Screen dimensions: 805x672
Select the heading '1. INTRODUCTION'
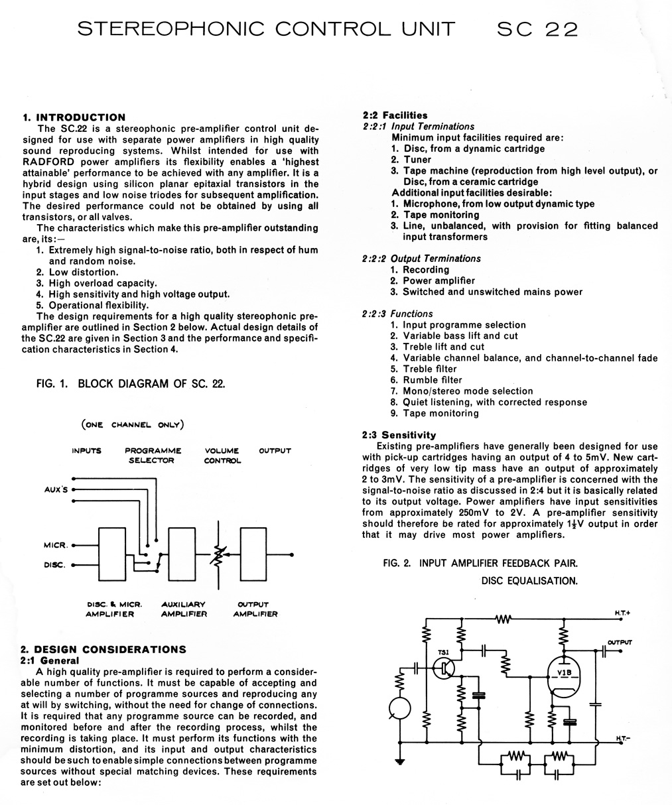tap(74, 117)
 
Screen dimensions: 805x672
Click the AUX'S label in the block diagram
tap(56, 490)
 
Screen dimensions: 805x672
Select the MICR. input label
tap(55, 546)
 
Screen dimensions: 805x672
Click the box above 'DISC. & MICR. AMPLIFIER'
tap(116, 555)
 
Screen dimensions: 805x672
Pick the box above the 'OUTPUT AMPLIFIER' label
tap(257, 555)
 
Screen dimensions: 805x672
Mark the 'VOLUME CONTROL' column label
tap(222, 456)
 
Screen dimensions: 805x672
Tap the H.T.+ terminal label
tap(622, 613)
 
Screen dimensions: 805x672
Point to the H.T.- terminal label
tap(622, 738)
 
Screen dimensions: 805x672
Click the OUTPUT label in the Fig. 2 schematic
tap(619, 642)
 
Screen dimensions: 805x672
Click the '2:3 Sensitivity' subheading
tap(399, 435)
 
